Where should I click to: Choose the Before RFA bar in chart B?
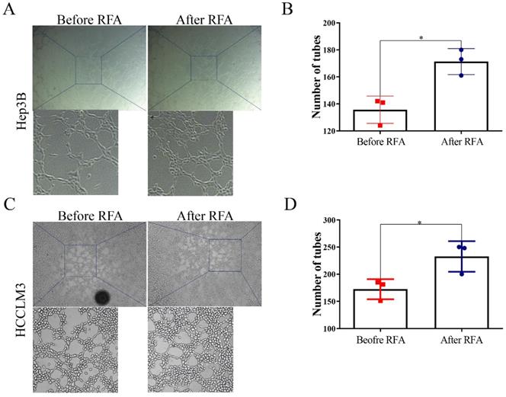coord(379,120)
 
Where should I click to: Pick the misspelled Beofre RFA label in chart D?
coord(379,341)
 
